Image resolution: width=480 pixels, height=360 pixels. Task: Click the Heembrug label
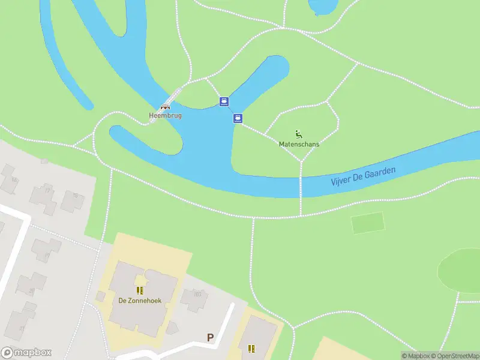[165, 115]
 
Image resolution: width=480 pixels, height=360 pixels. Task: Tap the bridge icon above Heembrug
[165, 107]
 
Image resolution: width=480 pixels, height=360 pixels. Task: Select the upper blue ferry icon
[224, 101]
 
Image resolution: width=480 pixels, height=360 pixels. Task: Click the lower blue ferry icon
[238, 118]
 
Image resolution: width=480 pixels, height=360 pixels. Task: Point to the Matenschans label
[299, 144]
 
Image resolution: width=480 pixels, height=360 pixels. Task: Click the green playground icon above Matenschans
[299, 134]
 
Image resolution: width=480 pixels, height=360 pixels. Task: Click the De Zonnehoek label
[139, 301]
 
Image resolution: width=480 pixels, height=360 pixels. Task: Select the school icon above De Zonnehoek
[139, 291]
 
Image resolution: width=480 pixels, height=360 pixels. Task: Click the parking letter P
[210, 338]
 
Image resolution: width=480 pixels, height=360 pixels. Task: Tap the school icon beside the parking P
[251, 347]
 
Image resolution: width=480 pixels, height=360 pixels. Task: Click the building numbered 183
[194, 298]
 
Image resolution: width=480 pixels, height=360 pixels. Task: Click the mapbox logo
[26, 353]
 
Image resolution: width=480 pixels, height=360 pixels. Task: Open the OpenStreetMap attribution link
[454, 356]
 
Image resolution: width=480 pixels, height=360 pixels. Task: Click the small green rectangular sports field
[367, 223]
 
